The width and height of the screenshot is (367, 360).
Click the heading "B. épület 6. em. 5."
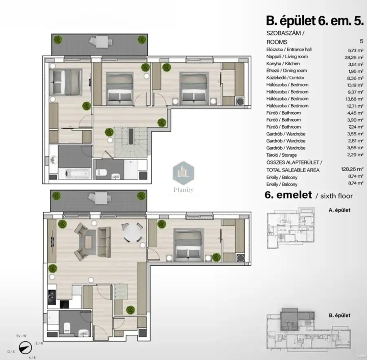pos(315,21)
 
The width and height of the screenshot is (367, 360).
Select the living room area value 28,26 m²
pos(354,57)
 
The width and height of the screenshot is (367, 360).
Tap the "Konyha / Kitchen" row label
pos(283,64)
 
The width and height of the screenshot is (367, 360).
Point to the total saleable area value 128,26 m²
pos(352,169)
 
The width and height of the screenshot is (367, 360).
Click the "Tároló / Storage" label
pos(281,155)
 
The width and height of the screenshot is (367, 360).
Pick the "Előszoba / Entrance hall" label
pos(289,49)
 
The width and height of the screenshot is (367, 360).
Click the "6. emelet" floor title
pos(288,195)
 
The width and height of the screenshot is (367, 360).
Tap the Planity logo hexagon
pos(183,173)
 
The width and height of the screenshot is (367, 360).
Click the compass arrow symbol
pos(25,347)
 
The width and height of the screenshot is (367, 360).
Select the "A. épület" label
pos(339,210)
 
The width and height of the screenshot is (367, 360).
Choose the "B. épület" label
pos(339,316)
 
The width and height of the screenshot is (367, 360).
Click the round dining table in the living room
pos(133,233)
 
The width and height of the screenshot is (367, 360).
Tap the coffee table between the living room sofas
pos(88,242)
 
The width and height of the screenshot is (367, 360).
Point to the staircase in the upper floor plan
pos(130,142)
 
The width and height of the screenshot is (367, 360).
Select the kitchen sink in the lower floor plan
pos(52,297)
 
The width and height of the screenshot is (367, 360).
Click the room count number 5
pos(362,41)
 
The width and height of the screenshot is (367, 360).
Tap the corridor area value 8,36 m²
pos(355,78)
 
